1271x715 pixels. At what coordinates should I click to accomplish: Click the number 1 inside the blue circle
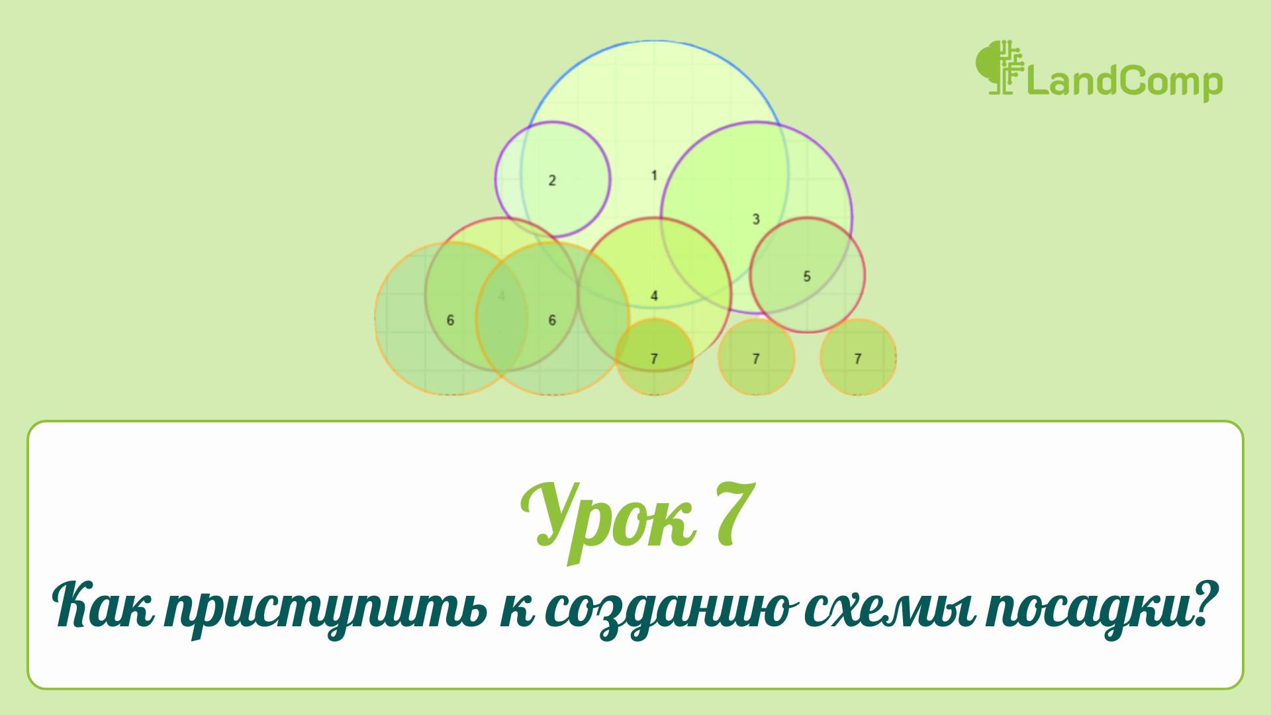pyautogui.click(x=654, y=175)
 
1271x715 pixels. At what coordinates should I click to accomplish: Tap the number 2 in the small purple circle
pyautogui.click(x=552, y=180)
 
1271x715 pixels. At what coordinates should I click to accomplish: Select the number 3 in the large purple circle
pyautogui.click(x=756, y=219)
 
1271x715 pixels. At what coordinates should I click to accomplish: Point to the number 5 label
pyautogui.click(x=806, y=276)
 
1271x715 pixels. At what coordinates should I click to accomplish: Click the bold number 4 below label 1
pyautogui.click(x=654, y=295)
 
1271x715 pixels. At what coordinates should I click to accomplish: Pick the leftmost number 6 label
pyautogui.click(x=450, y=320)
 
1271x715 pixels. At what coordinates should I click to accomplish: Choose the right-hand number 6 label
pyautogui.click(x=552, y=320)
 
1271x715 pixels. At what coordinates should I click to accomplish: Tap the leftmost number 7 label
pyautogui.click(x=654, y=359)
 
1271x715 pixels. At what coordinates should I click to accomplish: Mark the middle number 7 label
pyautogui.click(x=756, y=359)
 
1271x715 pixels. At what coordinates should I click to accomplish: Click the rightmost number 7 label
pyautogui.click(x=858, y=359)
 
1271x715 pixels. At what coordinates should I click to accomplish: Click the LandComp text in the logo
pyautogui.click(x=1123, y=83)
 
